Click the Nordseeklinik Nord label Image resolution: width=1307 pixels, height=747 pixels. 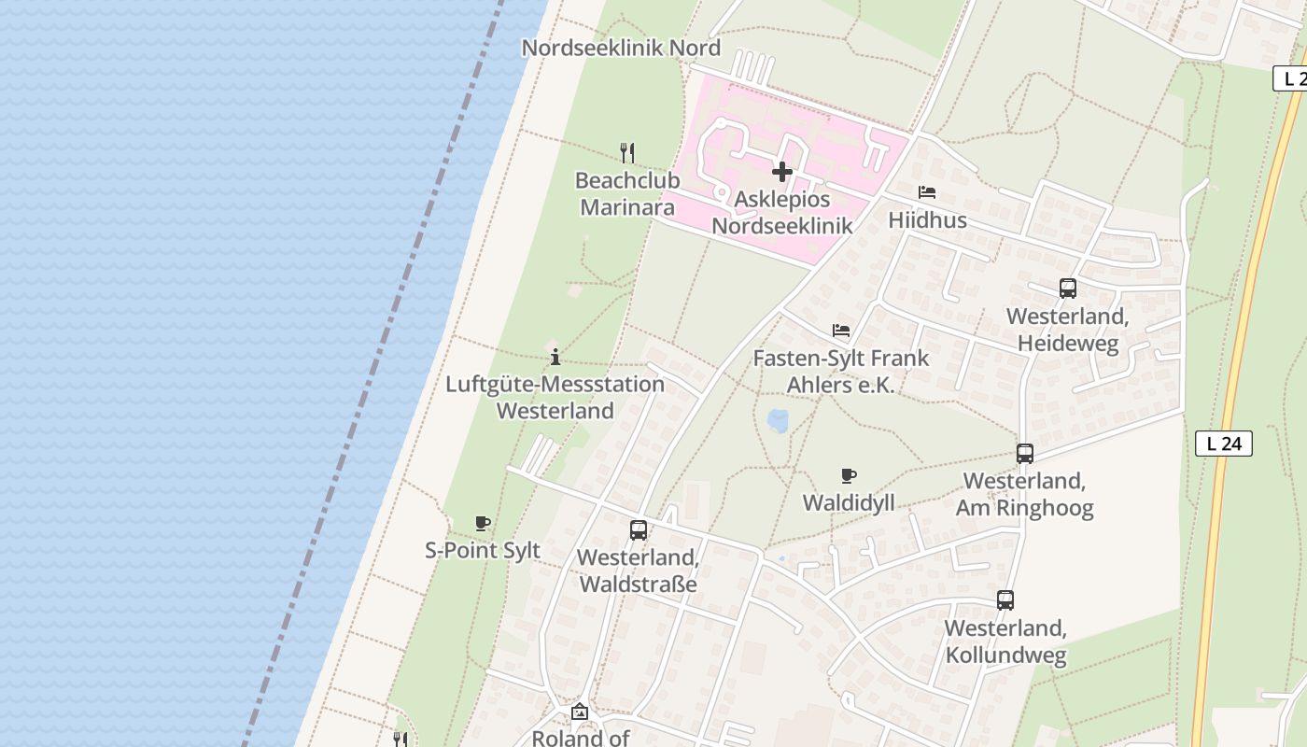click(621, 48)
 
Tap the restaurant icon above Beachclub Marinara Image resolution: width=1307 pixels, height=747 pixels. click(627, 152)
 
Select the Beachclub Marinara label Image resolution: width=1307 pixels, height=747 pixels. click(626, 193)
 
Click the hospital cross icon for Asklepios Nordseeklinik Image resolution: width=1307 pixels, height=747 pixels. click(782, 172)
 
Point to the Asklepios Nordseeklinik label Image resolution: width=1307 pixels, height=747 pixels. click(782, 213)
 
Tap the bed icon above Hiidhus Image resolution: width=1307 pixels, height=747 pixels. click(927, 193)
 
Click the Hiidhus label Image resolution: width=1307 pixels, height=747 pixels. click(927, 221)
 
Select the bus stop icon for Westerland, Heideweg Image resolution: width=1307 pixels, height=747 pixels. click(1068, 289)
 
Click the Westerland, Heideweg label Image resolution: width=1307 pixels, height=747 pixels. click(1068, 330)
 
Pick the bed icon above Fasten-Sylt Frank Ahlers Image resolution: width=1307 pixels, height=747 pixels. click(841, 331)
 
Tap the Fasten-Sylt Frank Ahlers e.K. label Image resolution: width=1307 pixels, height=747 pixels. click(841, 371)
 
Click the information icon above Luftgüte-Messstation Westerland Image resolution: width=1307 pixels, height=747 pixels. click(555, 357)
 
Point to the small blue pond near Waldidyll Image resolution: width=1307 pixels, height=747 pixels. click(778, 421)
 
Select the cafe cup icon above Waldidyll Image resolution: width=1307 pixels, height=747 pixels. click(849, 476)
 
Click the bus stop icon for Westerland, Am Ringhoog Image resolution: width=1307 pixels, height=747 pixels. click(1025, 454)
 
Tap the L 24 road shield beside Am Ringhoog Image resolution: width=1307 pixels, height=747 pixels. click(1223, 444)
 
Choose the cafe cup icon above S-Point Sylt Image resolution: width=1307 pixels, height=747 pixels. click(483, 523)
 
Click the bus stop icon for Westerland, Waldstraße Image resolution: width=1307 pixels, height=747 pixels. click(639, 530)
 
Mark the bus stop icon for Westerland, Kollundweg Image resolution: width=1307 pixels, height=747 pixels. click(1005, 600)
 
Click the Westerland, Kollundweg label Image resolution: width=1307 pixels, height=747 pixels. click(1005, 641)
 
